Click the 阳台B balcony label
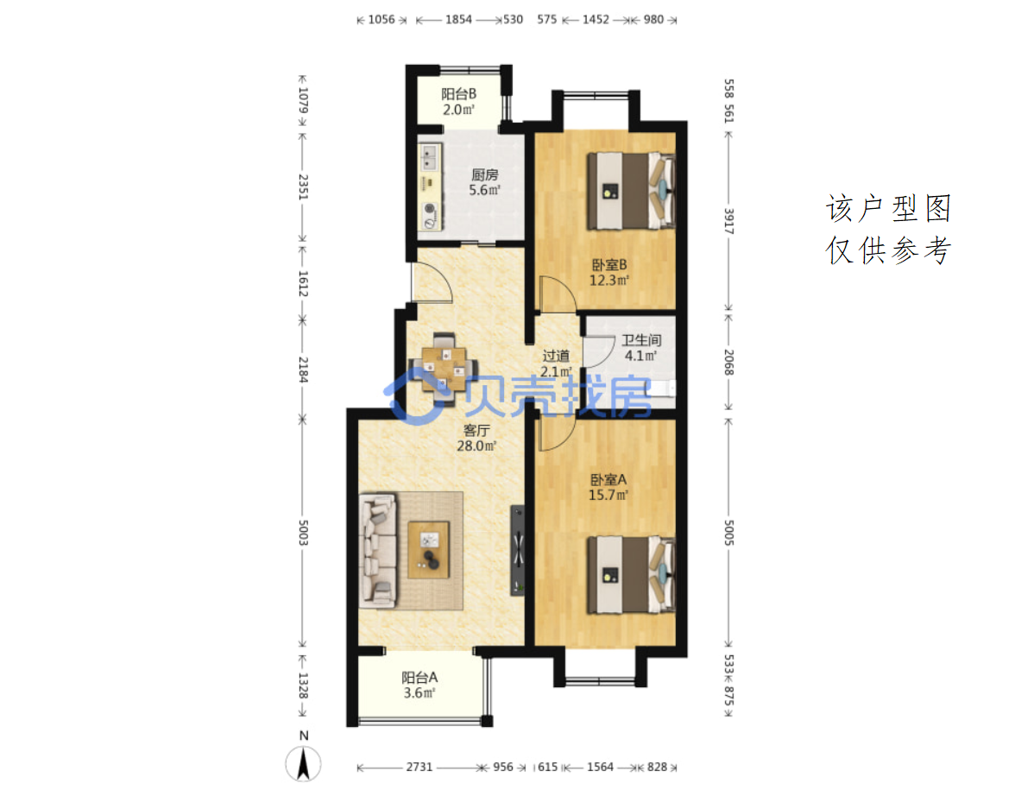coord(458,94)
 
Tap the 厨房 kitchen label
coord(485,174)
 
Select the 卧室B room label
coord(608,265)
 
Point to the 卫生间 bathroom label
coord(641,340)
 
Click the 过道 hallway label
coord(556,356)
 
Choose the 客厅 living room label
coord(476,431)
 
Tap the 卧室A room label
coord(608,479)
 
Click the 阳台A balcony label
coord(419,677)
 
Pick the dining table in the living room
coord(444,367)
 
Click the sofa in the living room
coord(378,550)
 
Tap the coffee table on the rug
coord(429,550)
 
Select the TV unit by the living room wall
coord(519,551)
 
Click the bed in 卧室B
coord(631,191)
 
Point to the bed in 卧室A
coord(631,574)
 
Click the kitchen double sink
coord(429,158)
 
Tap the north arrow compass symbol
coord(303,763)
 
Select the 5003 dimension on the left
coord(303,532)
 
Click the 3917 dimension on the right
coord(728,221)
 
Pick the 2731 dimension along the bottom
coord(419,767)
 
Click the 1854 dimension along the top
coord(458,20)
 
